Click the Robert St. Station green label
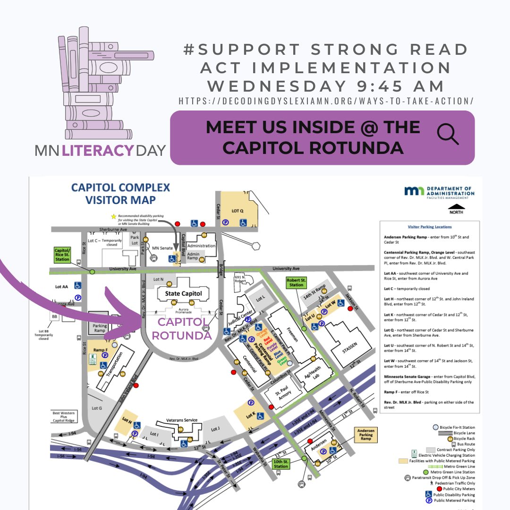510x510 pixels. coord(296,282)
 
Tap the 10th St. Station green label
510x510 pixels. coord(281,464)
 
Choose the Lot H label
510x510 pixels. coord(127,419)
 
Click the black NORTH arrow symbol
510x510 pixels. coord(456,207)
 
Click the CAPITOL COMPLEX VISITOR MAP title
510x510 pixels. coord(120,194)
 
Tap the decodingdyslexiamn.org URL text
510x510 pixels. coord(326,101)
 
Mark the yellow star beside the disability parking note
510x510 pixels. coord(113,216)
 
